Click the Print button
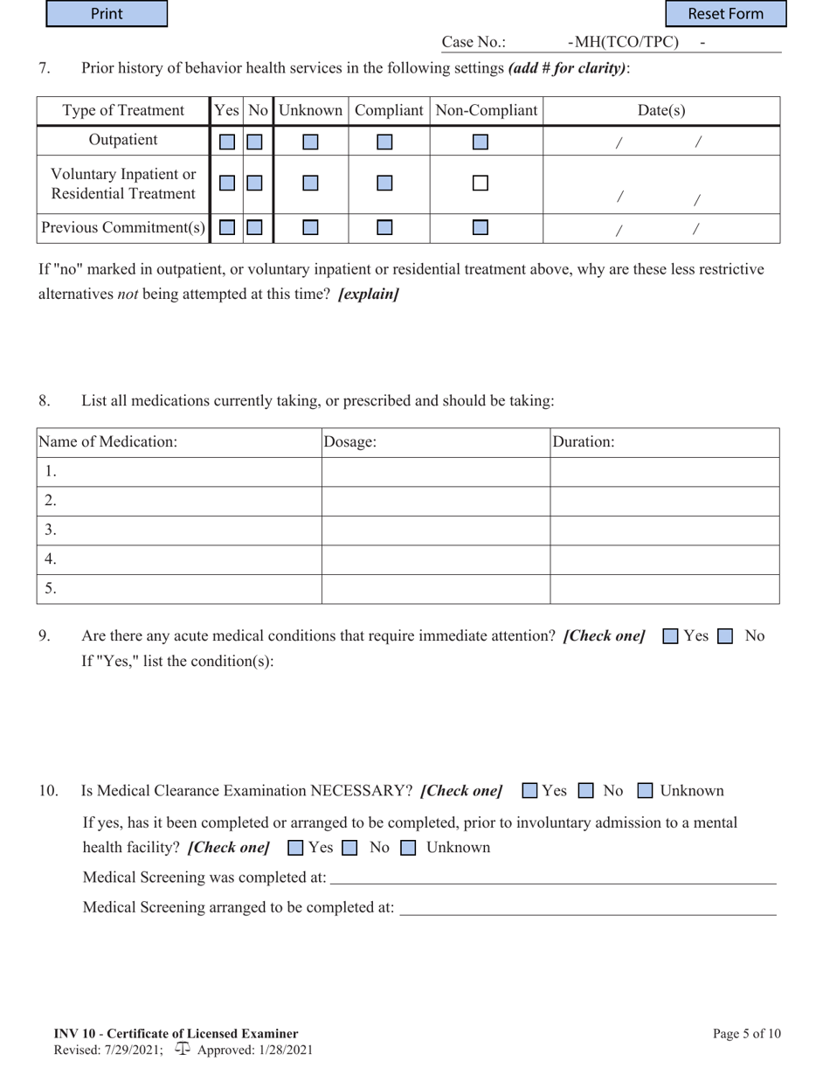coord(107,14)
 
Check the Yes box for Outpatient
coord(227,141)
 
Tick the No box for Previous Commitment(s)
coord(254,228)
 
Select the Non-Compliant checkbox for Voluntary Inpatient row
coord(481,184)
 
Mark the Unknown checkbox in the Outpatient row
coord(311,141)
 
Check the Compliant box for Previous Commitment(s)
coord(384,228)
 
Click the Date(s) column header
coord(661,111)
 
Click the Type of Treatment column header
coord(123,111)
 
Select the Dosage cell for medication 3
coord(435,531)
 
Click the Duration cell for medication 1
coord(664,472)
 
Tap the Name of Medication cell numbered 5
coord(179,589)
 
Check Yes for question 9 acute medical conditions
coord(670,636)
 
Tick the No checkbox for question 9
coord(724,636)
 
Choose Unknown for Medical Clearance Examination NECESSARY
coord(645,791)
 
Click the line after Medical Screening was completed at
coord(552,877)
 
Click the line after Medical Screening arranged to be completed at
coord(587,908)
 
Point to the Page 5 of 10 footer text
coord(746,1034)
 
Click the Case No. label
coord(474,43)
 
